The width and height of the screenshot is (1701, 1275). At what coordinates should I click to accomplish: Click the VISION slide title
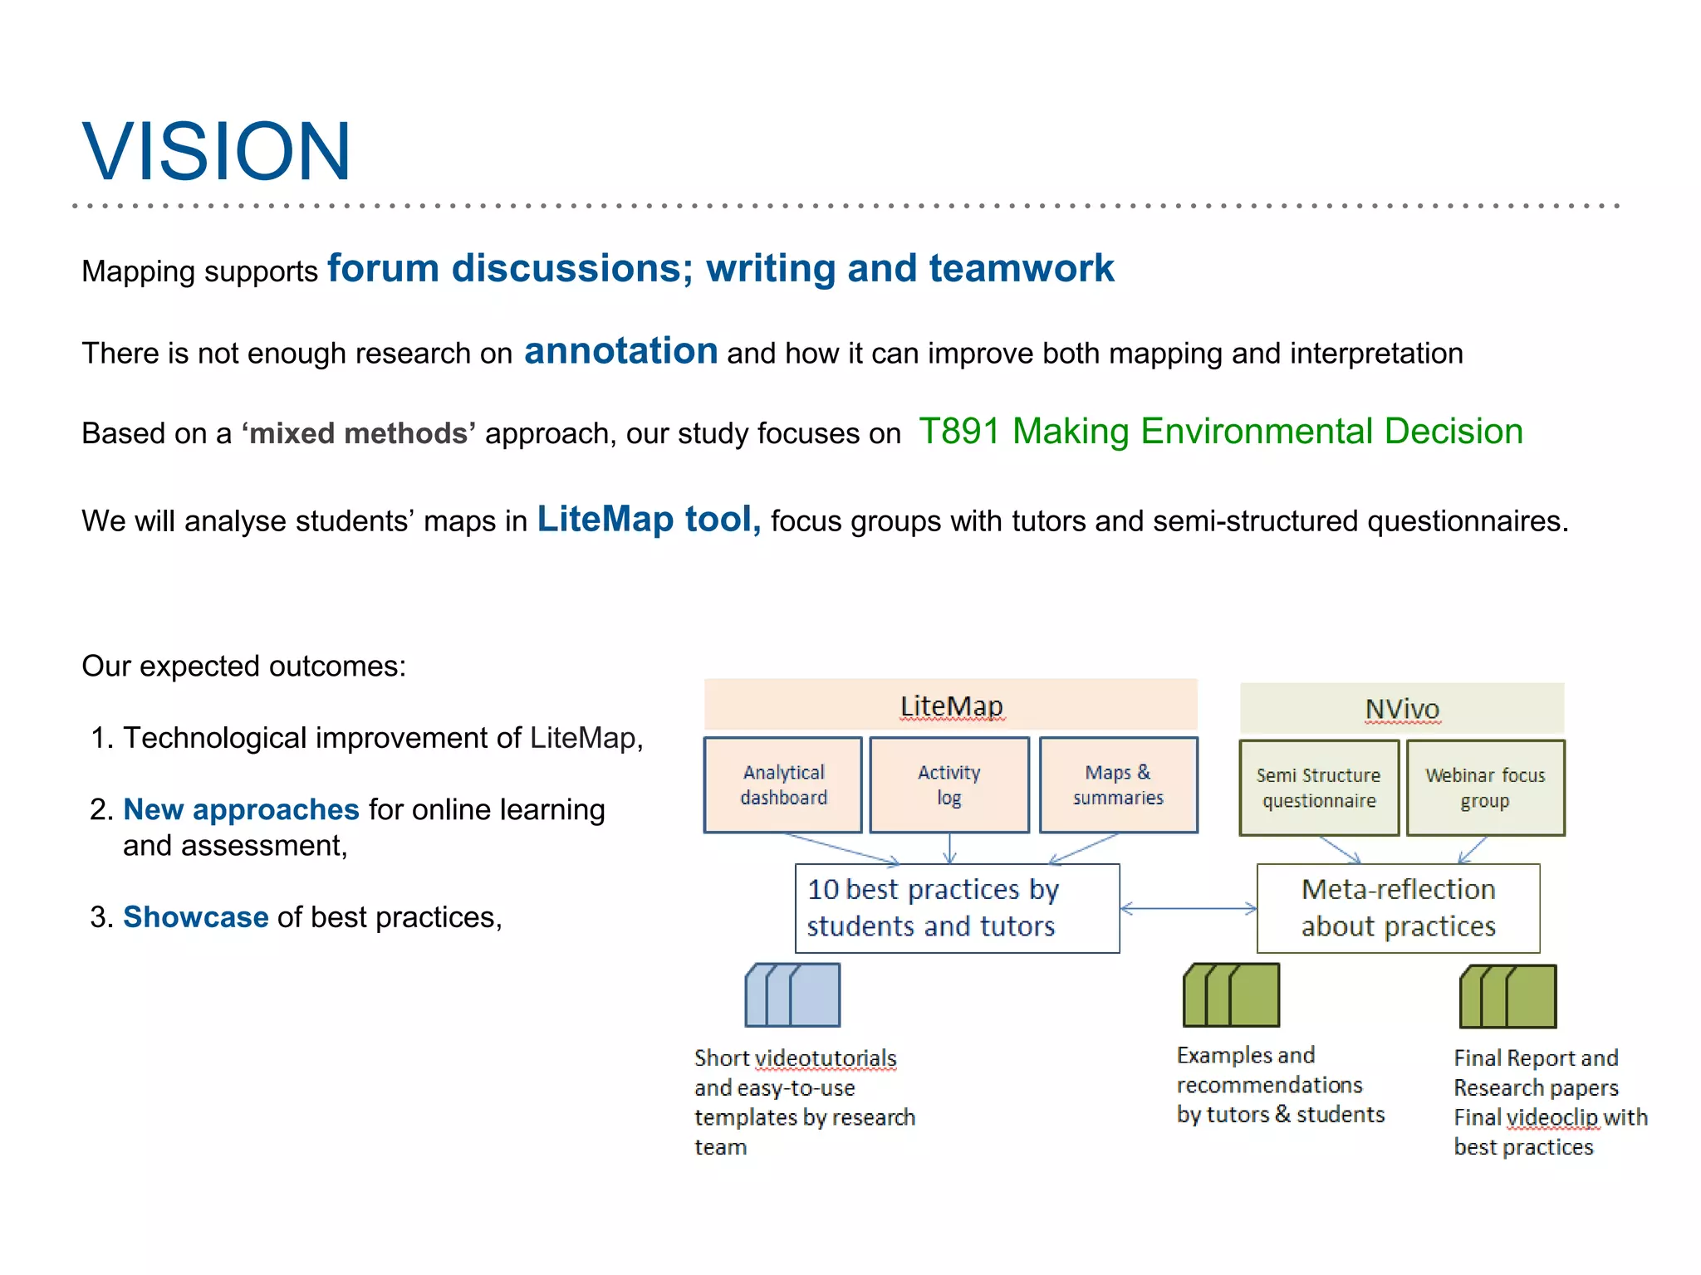click(x=217, y=152)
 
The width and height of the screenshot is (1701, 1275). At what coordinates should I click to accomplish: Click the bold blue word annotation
click(x=620, y=351)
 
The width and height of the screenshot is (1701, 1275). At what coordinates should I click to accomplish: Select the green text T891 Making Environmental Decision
click(x=1220, y=432)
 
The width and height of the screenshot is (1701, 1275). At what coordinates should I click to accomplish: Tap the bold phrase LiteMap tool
click(x=648, y=520)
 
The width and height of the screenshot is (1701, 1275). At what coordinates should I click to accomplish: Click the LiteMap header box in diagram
click(x=950, y=706)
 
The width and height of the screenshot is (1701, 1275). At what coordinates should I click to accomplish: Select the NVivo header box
click(x=1401, y=709)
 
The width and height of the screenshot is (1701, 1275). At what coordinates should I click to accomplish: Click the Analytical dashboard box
click(x=783, y=785)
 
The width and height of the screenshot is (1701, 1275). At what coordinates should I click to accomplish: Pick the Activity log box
click(x=949, y=785)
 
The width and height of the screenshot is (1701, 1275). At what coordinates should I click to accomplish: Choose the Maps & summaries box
click(x=1118, y=785)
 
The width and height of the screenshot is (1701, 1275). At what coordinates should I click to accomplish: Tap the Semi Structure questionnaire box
click(x=1318, y=788)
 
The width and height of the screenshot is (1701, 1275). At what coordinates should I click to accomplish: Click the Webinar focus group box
click(x=1485, y=788)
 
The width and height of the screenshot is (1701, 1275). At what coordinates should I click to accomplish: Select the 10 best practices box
click(x=957, y=908)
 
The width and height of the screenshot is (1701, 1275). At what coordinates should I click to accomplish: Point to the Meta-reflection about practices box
click(x=1398, y=908)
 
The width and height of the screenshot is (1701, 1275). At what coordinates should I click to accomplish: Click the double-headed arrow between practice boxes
click(x=1188, y=909)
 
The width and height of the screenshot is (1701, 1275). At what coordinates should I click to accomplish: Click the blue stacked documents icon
click(x=793, y=995)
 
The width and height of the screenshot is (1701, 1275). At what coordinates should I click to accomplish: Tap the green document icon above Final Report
click(x=1508, y=996)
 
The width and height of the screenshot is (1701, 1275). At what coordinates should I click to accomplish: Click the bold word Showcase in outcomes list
click(x=196, y=917)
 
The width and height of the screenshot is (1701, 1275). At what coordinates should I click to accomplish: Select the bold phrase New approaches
click(x=241, y=809)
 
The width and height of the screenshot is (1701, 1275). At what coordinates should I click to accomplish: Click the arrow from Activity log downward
click(x=949, y=848)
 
